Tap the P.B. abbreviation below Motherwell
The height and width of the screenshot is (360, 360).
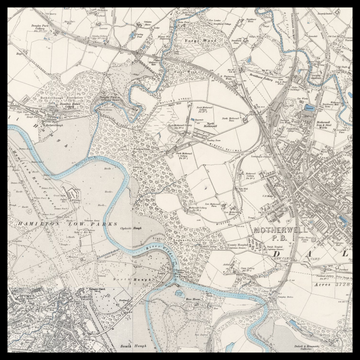286,240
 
